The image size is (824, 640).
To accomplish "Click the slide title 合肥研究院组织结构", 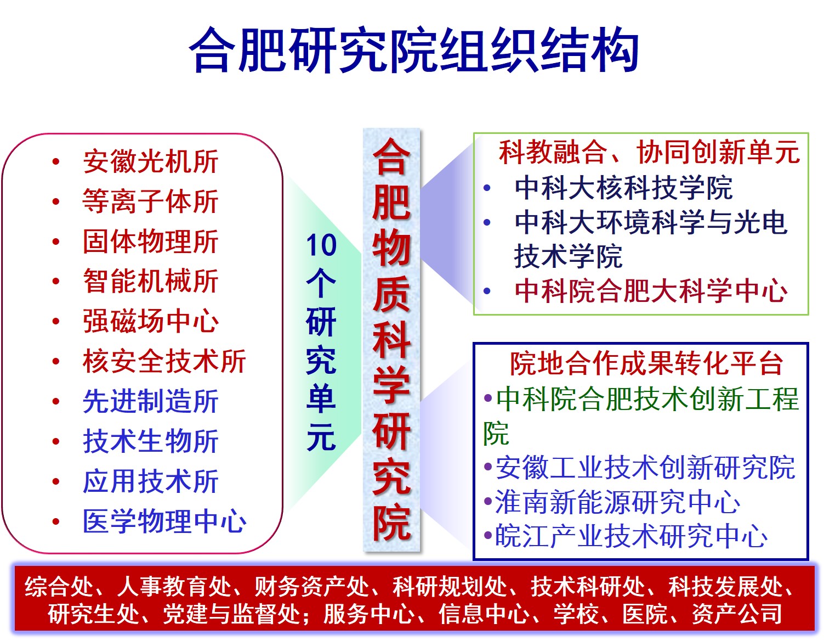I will point(414,50).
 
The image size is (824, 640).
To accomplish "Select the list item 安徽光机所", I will point(150,162).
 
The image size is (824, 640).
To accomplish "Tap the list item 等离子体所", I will point(150,201).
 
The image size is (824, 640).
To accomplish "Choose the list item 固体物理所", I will point(150,242).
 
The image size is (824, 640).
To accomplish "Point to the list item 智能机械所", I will point(150,281).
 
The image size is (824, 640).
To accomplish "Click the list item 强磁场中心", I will point(150,321).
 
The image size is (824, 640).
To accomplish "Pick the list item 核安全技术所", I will point(164,361).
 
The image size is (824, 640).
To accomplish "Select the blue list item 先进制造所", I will point(150,401).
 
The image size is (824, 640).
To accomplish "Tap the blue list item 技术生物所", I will point(150,441).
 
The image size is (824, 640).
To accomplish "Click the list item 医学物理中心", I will point(164,521).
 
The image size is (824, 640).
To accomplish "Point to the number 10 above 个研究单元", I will point(321,245).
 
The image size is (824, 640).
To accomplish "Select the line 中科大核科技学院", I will point(623,188).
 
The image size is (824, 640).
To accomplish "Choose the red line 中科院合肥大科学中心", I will point(651,291).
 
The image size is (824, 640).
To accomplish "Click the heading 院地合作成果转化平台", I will point(646,363).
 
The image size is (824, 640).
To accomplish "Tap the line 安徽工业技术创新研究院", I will point(645,468).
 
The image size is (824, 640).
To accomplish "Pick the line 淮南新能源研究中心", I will point(617,502).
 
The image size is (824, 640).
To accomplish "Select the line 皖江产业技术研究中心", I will point(631,536).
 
